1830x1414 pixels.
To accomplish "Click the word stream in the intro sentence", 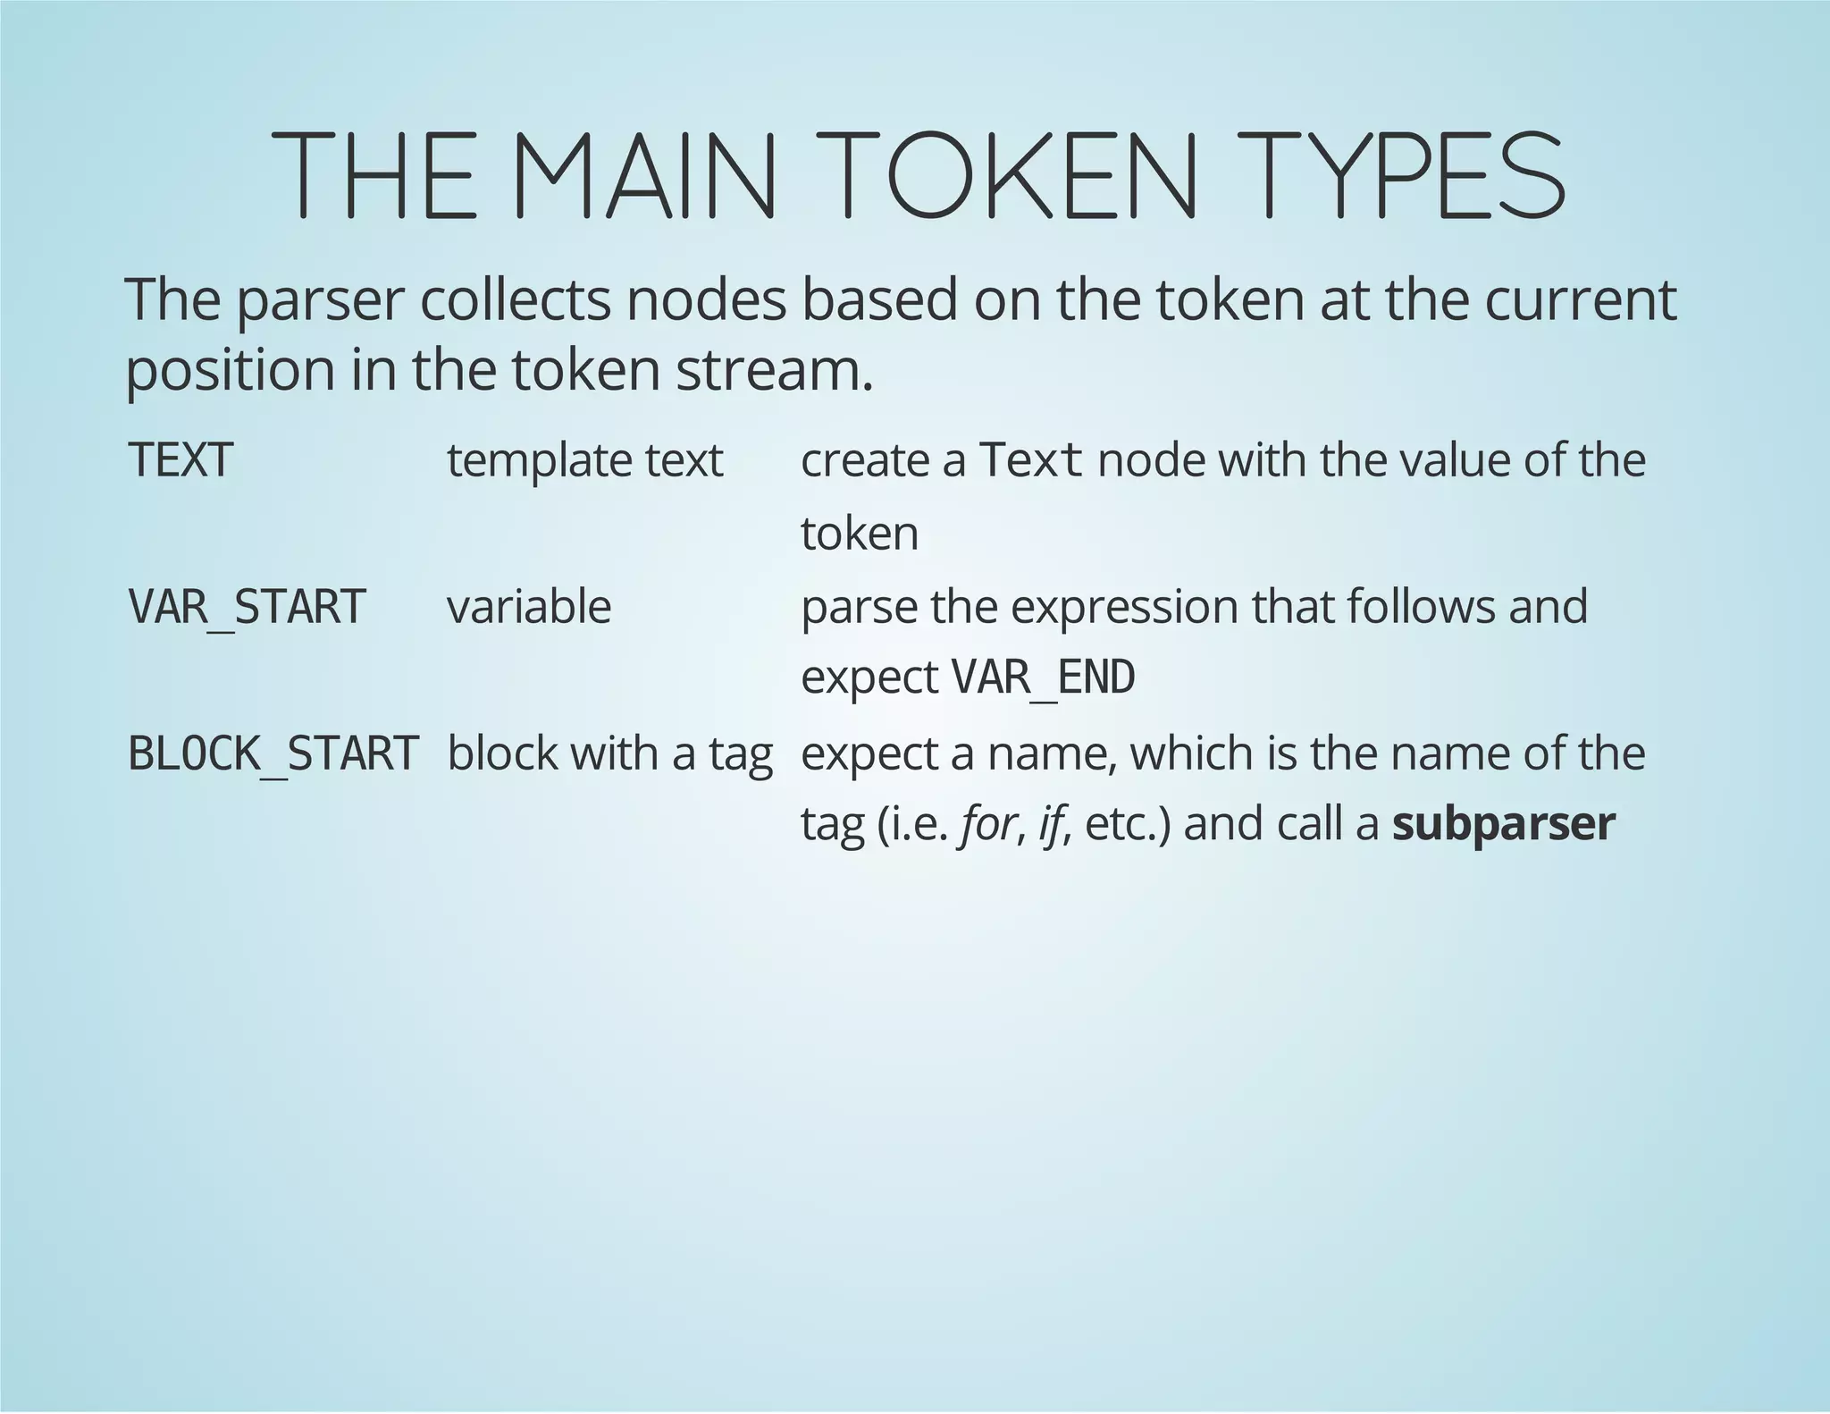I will point(773,370).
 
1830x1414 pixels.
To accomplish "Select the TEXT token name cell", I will point(181,461).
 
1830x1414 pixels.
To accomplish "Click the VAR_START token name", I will point(248,607).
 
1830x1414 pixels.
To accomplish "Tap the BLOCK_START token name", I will point(273,753).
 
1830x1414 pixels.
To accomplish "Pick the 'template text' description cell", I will point(584,461).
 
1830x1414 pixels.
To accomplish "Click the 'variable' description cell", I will point(529,607).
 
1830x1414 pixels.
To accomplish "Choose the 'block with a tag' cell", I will point(609,753).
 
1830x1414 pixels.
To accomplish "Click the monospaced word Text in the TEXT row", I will point(1032,461).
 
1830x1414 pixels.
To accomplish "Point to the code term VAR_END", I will point(1044,678).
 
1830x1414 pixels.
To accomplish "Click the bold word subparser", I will point(1504,823).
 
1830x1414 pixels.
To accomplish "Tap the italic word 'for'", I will point(987,823).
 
